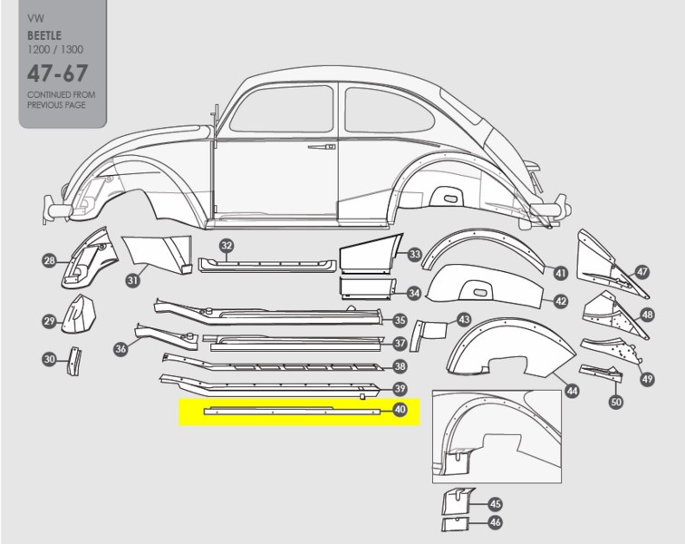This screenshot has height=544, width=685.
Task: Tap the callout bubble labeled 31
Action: pos(132,280)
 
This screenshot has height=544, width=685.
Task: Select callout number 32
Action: pos(227,246)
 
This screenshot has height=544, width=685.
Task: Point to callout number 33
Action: pos(414,255)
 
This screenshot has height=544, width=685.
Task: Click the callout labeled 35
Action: pos(400,319)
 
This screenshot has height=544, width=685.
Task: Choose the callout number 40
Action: pos(400,410)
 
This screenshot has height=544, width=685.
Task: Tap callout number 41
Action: pos(560,272)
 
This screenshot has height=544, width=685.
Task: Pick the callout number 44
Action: pos(572,391)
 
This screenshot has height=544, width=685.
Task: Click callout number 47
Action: pos(642,271)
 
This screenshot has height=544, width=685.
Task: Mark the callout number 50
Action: pos(616,402)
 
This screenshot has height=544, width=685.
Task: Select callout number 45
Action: pos(495,504)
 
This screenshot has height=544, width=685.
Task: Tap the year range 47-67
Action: pos(57,73)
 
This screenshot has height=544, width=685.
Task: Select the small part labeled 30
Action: pos(72,360)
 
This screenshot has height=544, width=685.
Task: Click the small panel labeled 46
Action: pos(454,523)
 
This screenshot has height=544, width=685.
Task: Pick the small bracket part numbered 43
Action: pos(429,330)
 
